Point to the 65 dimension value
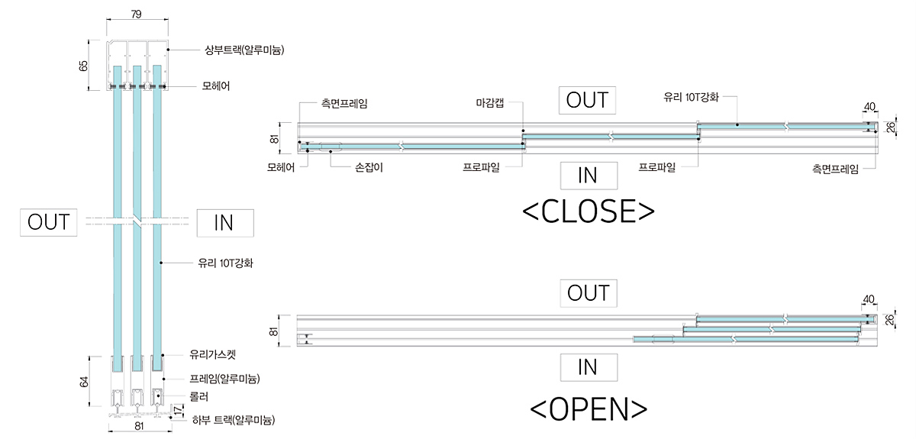pos(84,66)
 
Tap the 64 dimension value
pos(84,381)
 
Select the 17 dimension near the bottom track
pos(179,410)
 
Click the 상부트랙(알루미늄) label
pos(239,50)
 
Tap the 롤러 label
pos(199,397)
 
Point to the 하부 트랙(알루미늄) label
pos(233,420)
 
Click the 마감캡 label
pos(489,103)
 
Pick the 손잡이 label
pos(369,167)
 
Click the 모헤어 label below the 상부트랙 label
pos(216,86)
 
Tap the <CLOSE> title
pos(588,211)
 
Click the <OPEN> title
pos(588,408)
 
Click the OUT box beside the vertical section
pos(49,222)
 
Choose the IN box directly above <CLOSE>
pos(588,176)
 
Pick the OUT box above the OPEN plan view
pos(588,292)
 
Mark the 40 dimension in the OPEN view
pos(868,299)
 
